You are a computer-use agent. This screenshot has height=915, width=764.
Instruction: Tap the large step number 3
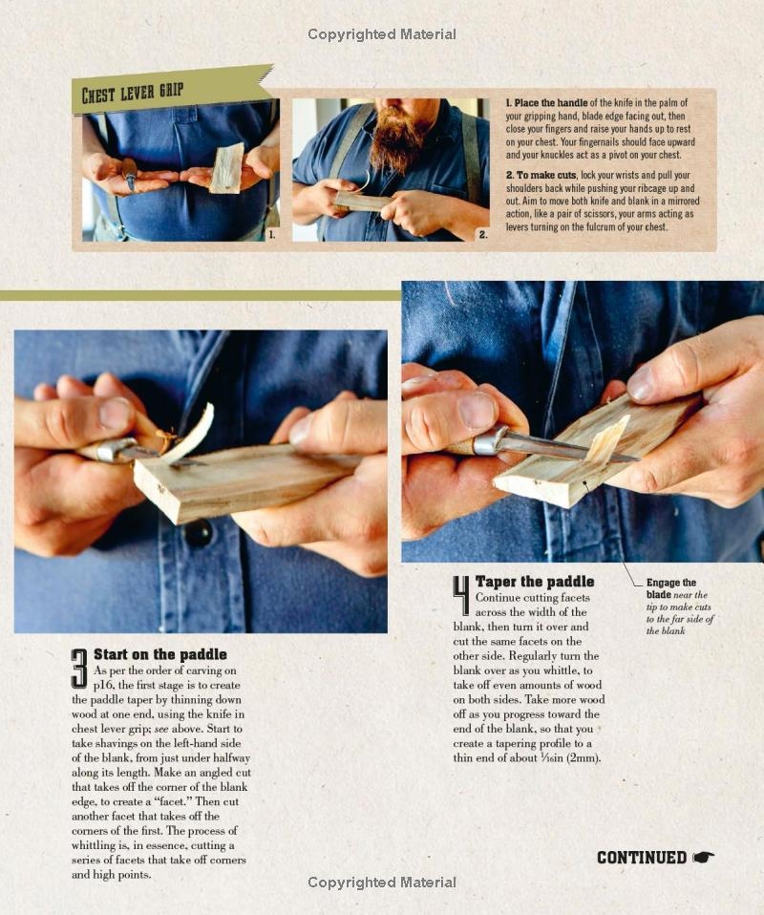click(80, 669)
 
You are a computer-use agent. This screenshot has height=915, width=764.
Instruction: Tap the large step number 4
click(461, 595)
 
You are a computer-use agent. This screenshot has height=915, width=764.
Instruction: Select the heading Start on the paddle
click(160, 654)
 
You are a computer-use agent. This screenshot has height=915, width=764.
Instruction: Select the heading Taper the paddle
click(535, 582)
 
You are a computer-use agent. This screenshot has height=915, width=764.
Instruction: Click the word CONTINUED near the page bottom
click(641, 858)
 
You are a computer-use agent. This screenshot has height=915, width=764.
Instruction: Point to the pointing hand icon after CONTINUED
click(704, 858)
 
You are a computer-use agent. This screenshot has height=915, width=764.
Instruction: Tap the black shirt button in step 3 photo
click(199, 533)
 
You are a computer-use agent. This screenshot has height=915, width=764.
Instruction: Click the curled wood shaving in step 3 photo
click(190, 432)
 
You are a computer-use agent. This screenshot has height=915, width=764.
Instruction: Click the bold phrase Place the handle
click(547, 103)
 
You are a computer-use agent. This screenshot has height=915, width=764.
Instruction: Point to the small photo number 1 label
click(272, 234)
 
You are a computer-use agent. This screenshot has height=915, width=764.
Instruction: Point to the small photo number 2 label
click(482, 234)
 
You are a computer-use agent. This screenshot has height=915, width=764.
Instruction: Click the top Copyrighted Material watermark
click(382, 34)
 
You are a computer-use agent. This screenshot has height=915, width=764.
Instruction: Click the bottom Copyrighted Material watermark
click(382, 883)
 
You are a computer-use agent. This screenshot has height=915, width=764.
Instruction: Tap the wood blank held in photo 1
click(227, 168)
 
